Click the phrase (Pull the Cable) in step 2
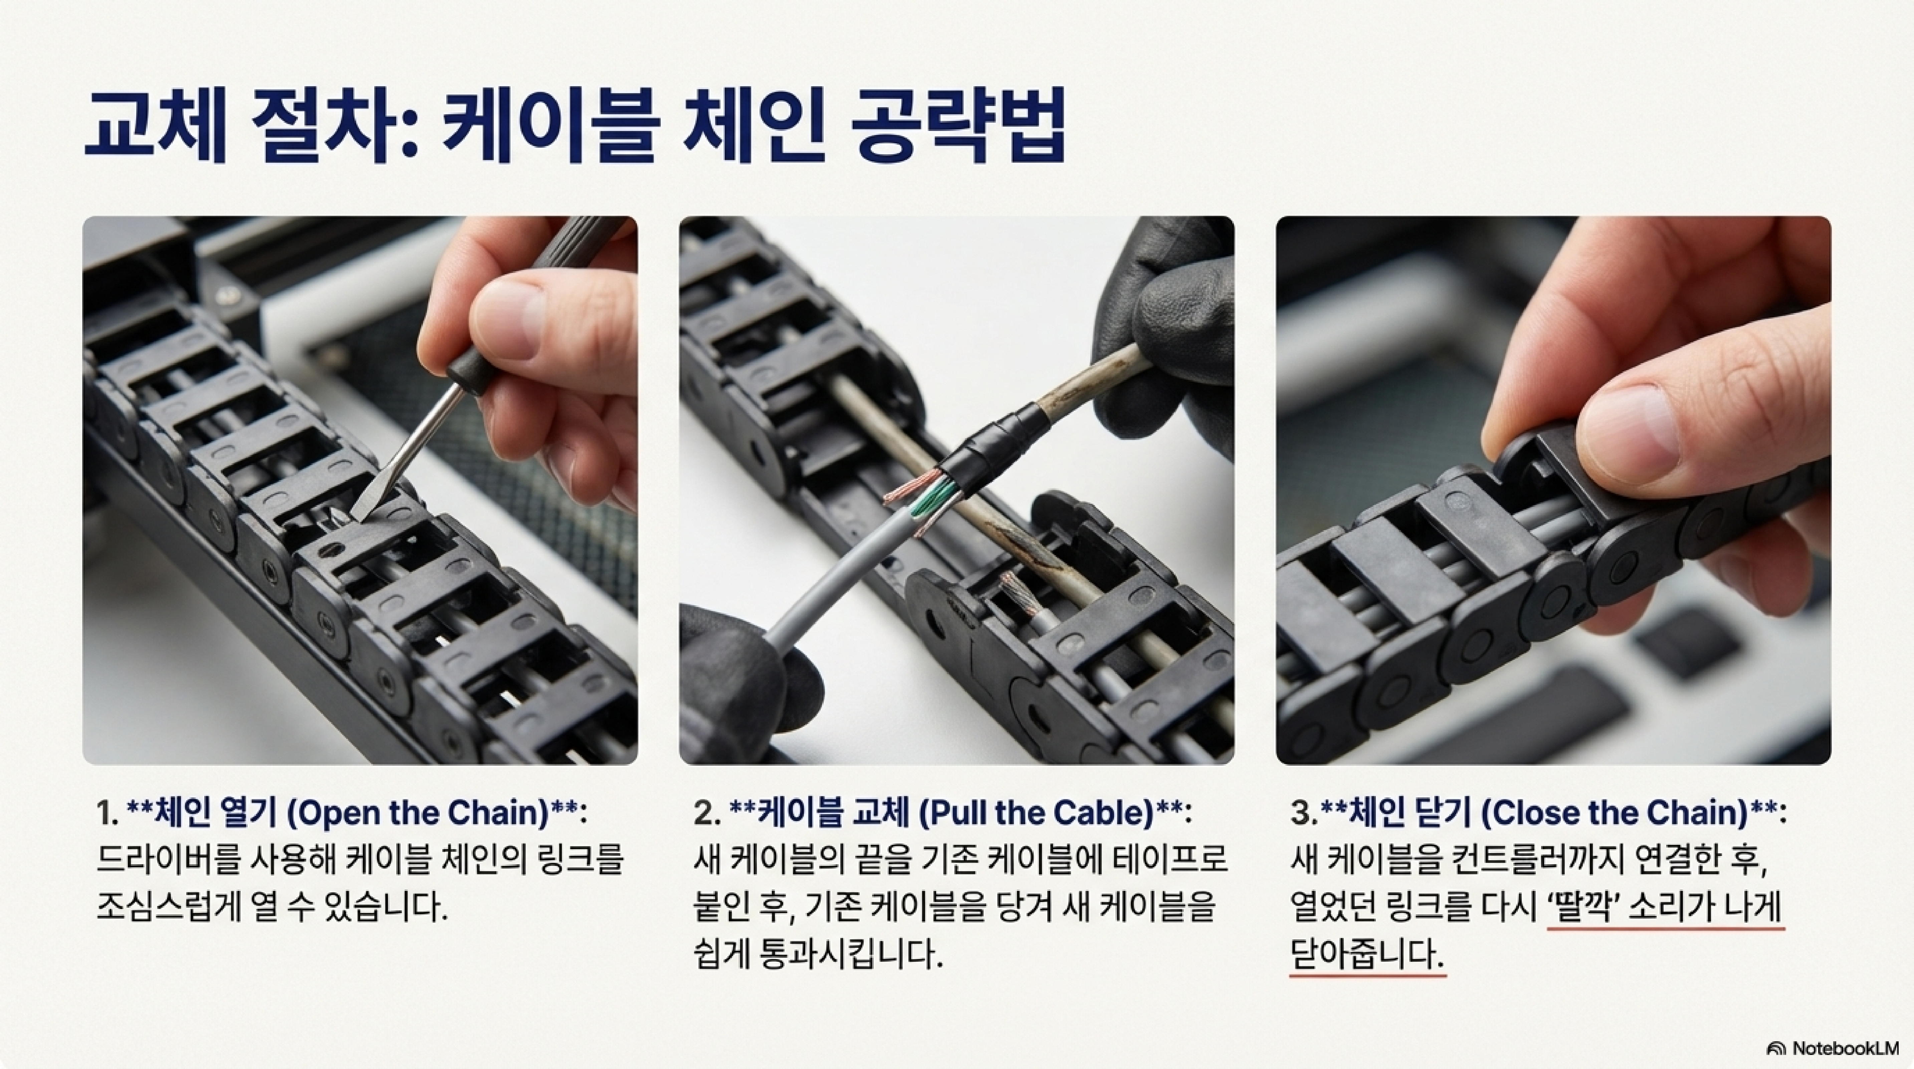1035,812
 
